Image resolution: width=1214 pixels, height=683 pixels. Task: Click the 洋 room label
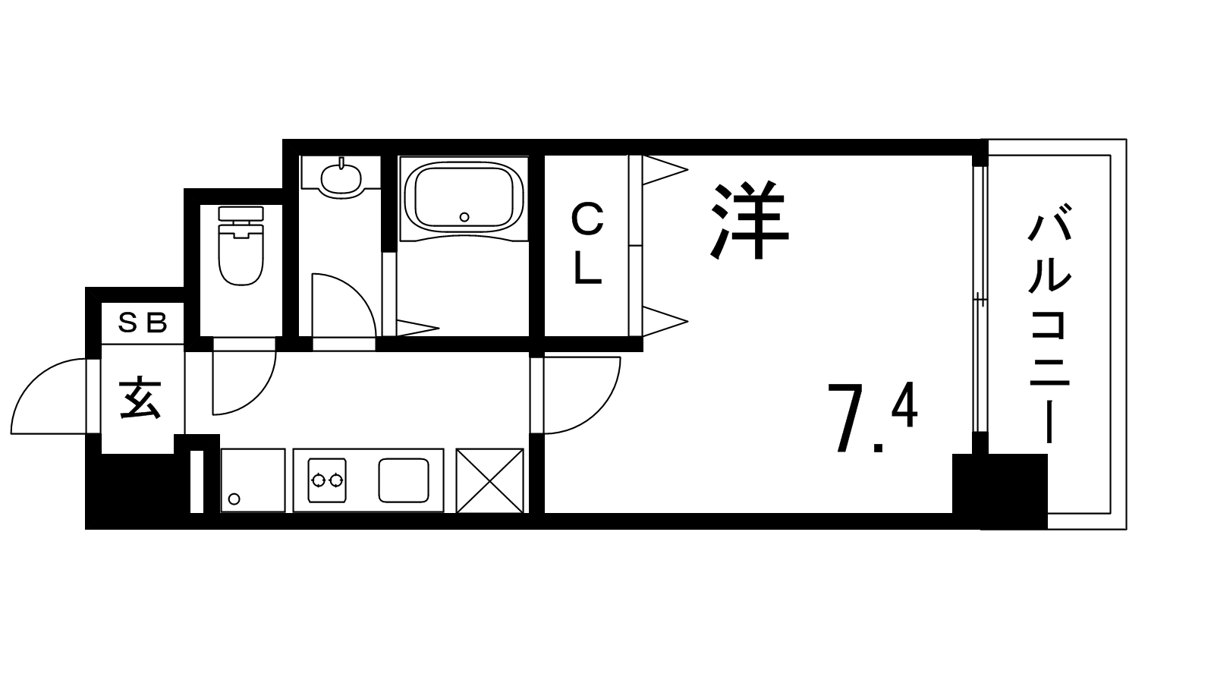[750, 222]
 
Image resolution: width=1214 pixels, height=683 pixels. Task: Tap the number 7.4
[872, 417]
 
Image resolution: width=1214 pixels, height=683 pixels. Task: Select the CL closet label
[588, 244]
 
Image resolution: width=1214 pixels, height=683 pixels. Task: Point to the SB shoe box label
[143, 323]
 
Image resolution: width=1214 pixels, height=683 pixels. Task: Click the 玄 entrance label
[141, 398]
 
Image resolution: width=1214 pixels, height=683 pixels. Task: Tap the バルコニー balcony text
[1050, 323]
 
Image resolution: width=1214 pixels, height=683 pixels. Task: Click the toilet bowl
[241, 255]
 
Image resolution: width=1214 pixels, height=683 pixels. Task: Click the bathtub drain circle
[464, 217]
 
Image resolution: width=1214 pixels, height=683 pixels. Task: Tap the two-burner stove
[327, 480]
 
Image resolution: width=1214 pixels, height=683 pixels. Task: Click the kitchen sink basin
[404, 480]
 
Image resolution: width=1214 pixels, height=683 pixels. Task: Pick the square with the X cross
[490, 480]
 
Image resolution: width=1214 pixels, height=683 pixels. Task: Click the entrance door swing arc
[49, 396]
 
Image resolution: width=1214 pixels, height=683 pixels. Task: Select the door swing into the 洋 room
[582, 395]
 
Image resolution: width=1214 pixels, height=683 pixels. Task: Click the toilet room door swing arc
[244, 382]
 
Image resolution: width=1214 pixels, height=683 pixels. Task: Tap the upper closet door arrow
[665, 170]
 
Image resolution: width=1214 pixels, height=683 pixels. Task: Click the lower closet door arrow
[665, 322]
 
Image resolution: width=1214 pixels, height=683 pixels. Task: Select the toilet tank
[241, 213]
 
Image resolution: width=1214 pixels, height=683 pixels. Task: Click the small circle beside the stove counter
[234, 499]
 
